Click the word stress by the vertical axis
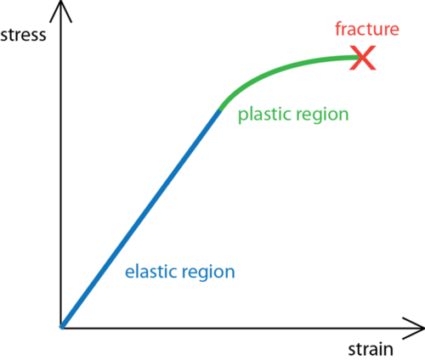pyautogui.click(x=23, y=35)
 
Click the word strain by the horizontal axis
pyautogui.click(x=371, y=350)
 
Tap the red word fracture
pyautogui.click(x=367, y=29)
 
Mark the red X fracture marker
pyautogui.click(x=363, y=58)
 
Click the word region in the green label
pyautogui.click(x=322, y=115)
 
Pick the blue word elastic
pyautogui.click(x=151, y=272)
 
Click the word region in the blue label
pyautogui.click(x=208, y=273)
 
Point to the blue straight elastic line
pyautogui.click(x=141, y=219)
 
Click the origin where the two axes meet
pyautogui.click(x=61, y=329)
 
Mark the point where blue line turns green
pyautogui.click(x=220, y=110)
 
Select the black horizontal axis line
pyautogui.click(x=242, y=329)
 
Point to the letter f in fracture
pyautogui.click(x=338, y=29)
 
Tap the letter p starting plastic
pyautogui.click(x=242, y=116)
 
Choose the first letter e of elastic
pyautogui.click(x=129, y=273)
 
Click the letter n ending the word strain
pyautogui.click(x=388, y=351)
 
